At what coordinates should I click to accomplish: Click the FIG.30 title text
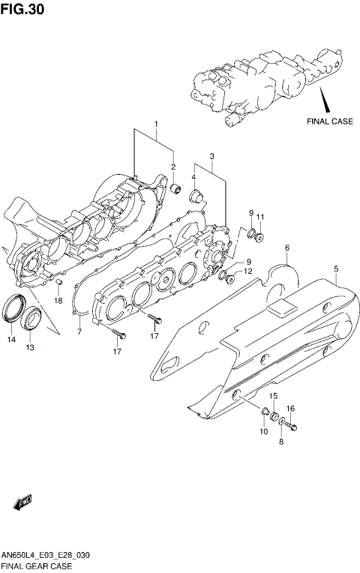pyautogui.click(x=22, y=9)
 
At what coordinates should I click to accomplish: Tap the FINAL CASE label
pyautogui.click(x=330, y=121)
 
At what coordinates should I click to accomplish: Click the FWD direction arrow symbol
pyautogui.click(x=22, y=502)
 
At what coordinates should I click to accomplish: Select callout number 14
pyautogui.click(x=11, y=340)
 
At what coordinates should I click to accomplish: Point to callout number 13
pyautogui.click(x=30, y=347)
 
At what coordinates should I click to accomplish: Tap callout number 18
pyautogui.click(x=58, y=301)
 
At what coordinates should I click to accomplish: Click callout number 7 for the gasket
pyautogui.click(x=79, y=331)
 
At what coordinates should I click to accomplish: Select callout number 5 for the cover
pyautogui.click(x=336, y=269)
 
